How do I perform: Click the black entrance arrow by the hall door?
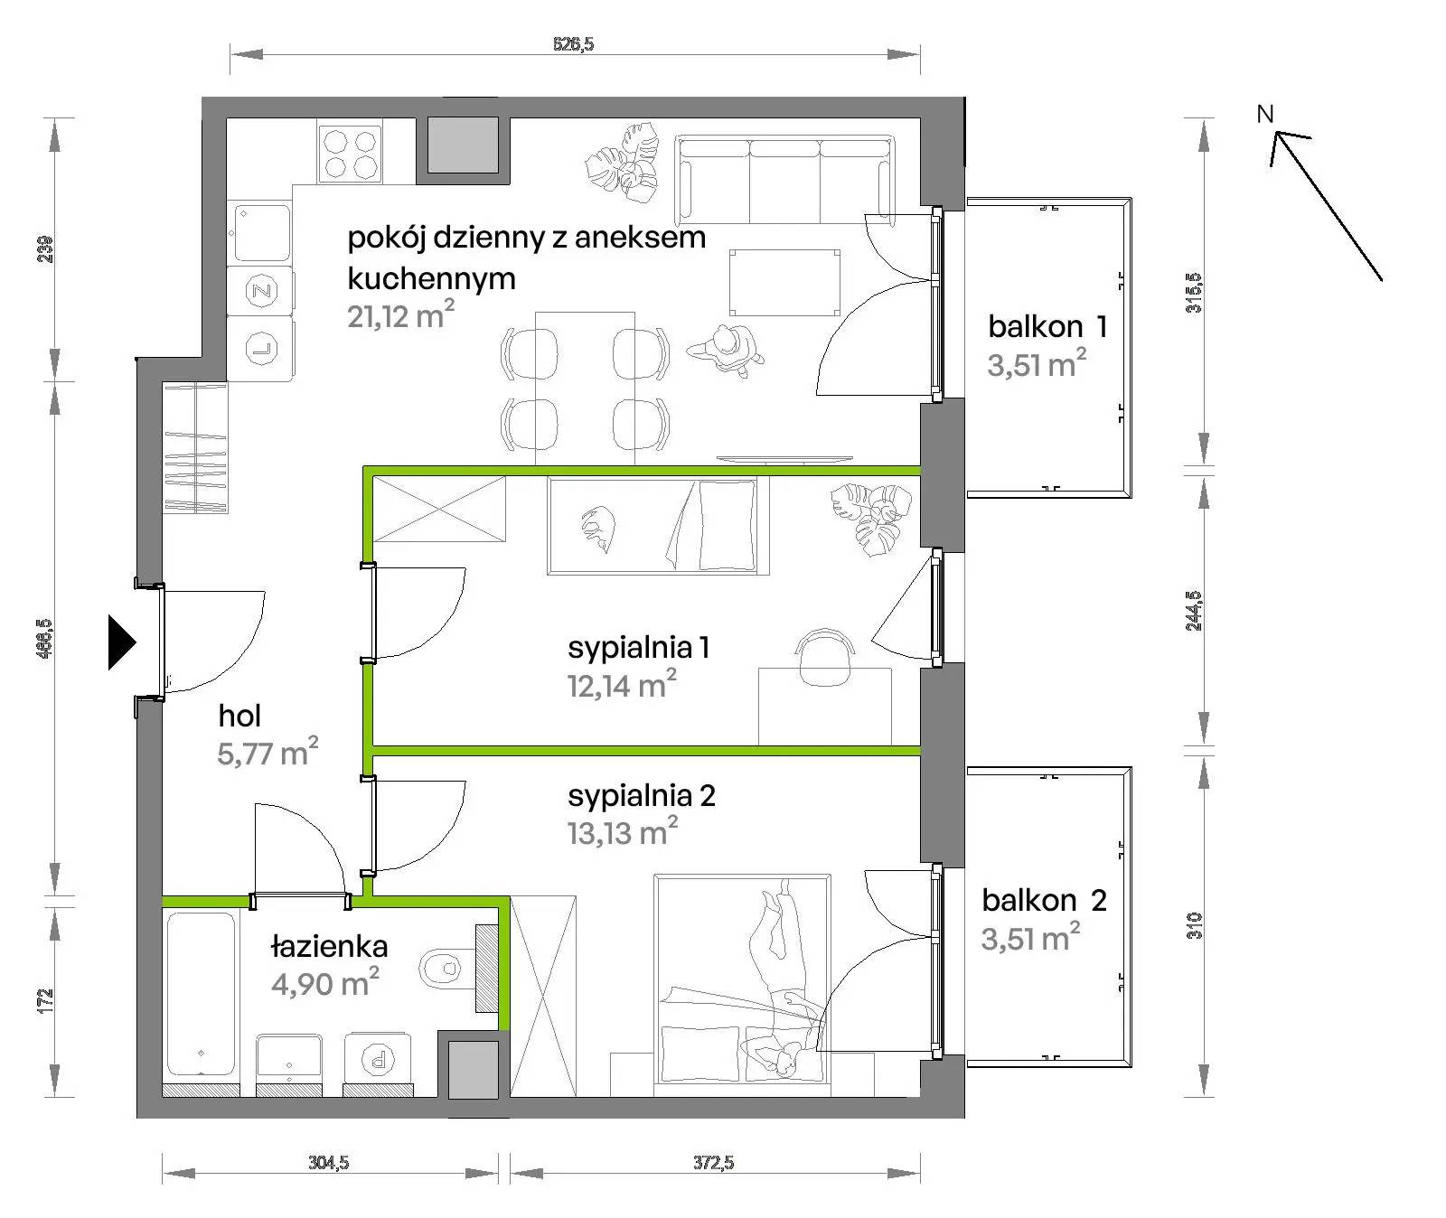[121, 642]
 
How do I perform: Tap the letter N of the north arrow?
[1265, 114]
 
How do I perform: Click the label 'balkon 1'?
[1047, 326]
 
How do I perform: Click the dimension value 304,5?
[328, 1162]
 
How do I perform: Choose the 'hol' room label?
[239, 716]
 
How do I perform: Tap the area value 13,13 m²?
[623, 831]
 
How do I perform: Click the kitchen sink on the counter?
[262, 232]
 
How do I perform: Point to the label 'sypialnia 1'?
[638, 648]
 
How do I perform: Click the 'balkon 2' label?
[1044, 900]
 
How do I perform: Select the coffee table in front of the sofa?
[784, 282]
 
